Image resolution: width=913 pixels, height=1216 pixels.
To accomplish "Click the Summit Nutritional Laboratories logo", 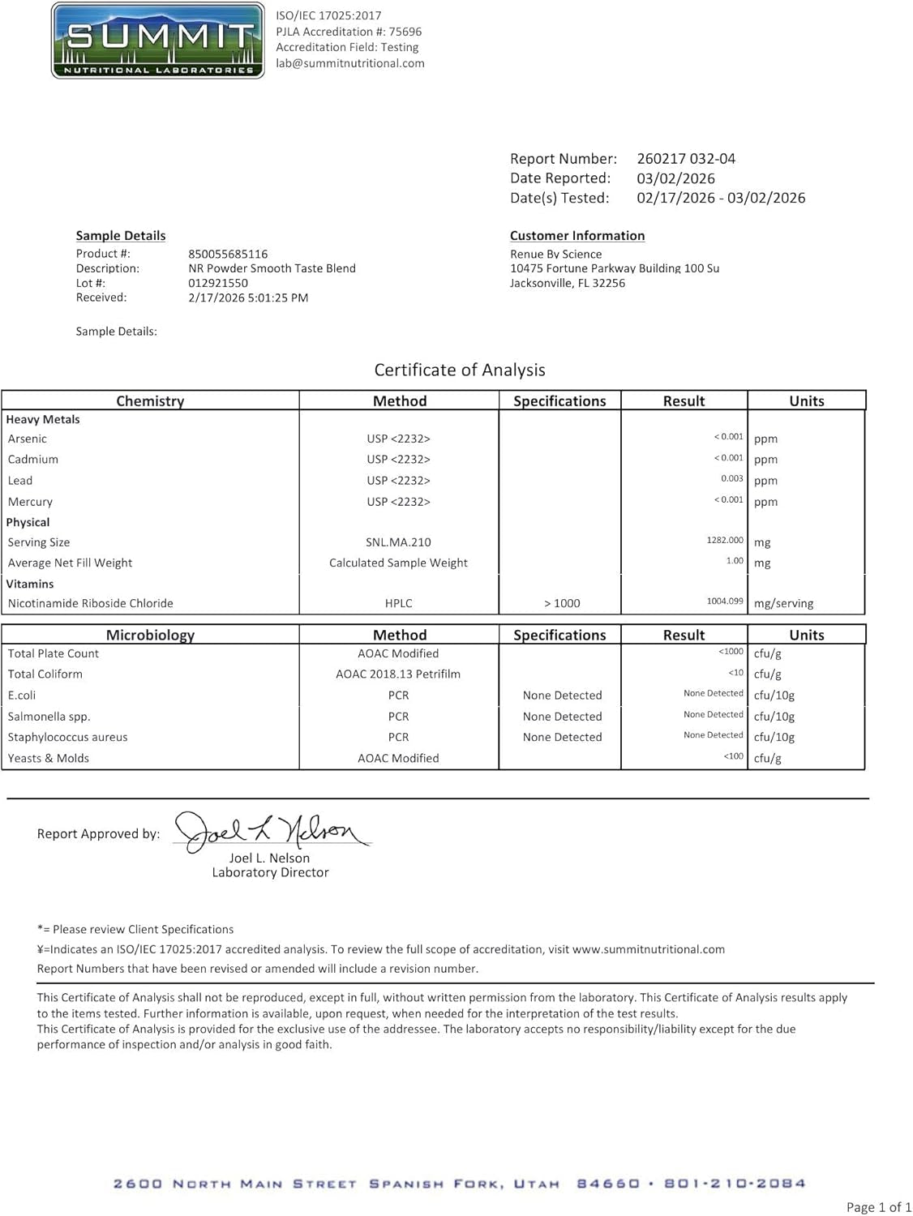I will point(157,41).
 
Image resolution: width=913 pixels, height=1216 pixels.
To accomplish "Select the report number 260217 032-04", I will point(686,159).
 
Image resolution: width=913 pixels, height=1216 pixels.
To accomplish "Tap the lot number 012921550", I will point(218,283).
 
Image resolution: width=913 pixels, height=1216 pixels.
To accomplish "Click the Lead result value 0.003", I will point(731,479).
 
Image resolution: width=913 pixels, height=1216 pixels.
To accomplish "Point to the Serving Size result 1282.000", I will point(724,540).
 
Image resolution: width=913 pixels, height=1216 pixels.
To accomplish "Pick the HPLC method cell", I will point(398,603).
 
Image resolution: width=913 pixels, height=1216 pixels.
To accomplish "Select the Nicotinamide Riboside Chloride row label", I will point(90,603).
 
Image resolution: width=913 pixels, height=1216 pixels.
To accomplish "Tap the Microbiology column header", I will point(150,635).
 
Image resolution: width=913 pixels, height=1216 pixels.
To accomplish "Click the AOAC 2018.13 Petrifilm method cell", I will point(398,674).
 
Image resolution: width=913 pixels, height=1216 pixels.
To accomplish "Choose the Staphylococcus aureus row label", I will point(67,737).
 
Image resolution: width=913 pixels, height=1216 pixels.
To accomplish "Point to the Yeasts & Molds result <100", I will point(733,756).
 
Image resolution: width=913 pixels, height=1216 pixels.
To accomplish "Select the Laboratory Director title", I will point(270,872).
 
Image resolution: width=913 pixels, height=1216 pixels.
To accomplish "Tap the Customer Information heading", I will point(577,236).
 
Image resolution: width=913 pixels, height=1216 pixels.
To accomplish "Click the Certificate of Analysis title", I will point(460,370).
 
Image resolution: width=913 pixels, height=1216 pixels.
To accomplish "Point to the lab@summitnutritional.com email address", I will point(350,63).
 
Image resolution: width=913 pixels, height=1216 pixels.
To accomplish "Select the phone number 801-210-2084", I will point(735,1184).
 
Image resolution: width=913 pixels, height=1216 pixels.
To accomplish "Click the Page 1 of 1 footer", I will point(879,1207).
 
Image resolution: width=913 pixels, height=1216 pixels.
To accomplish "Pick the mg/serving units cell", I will point(783,603).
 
